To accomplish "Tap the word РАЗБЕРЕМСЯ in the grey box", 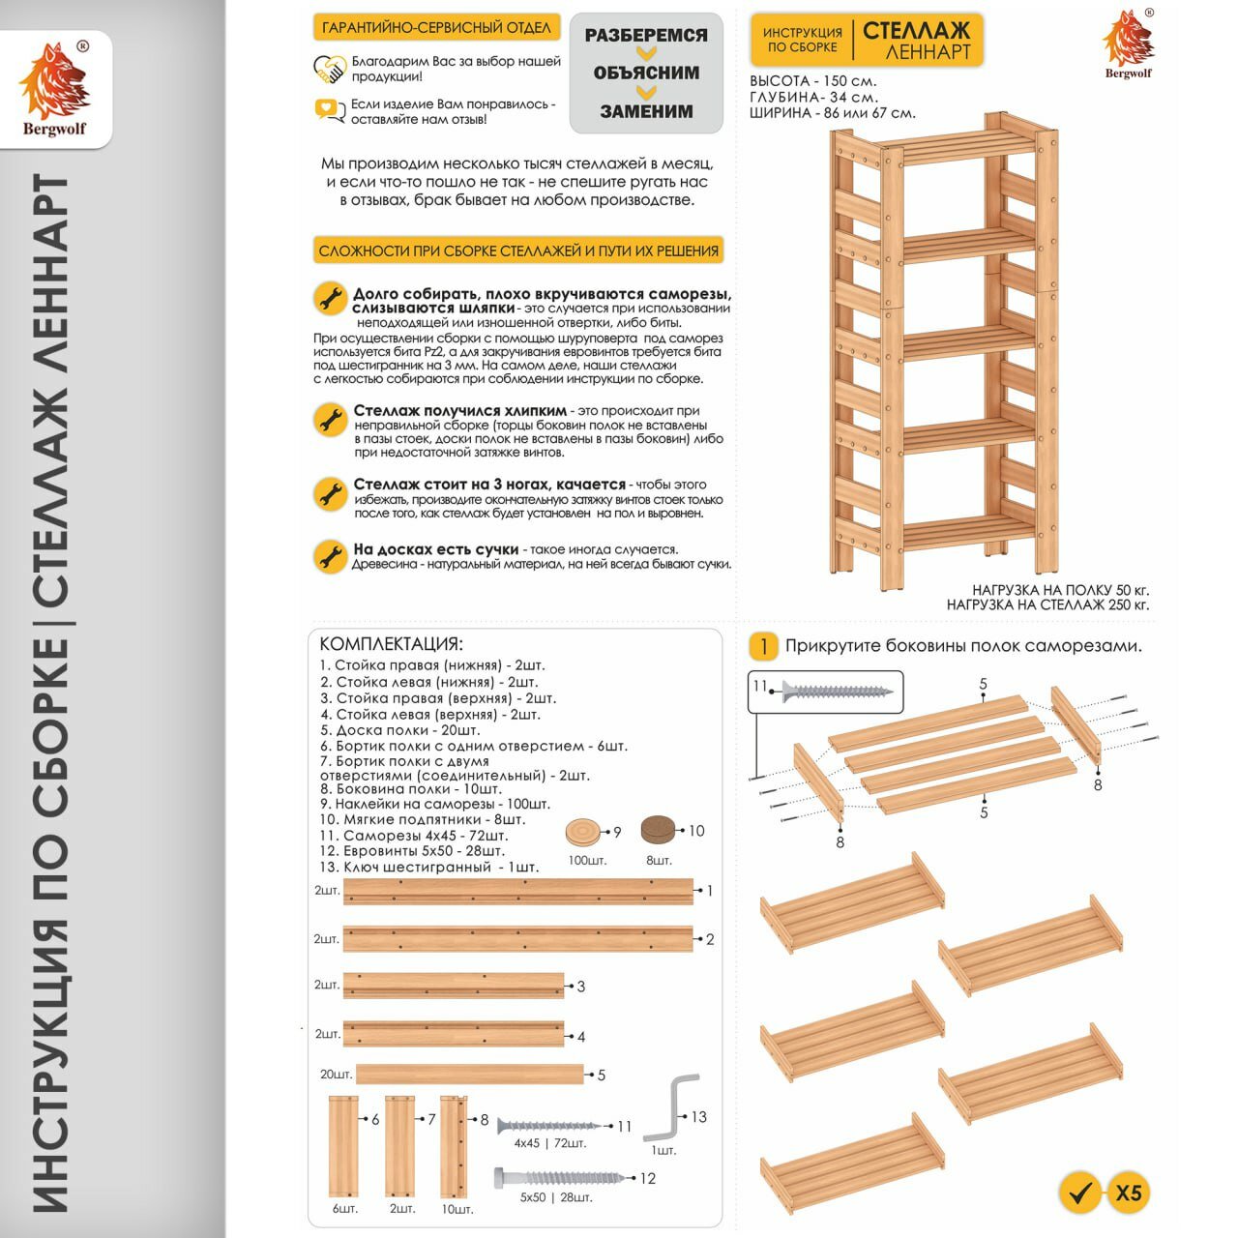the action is click(x=646, y=36).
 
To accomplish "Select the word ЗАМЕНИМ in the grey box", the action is click(x=646, y=111).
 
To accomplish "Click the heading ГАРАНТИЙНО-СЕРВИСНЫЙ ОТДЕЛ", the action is click(x=436, y=27).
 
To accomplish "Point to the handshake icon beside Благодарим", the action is click(x=330, y=69).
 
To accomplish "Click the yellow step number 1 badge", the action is click(x=763, y=646).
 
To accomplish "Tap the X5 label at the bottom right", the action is click(x=1129, y=1193).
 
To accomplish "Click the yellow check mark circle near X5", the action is click(x=1080, y=1193).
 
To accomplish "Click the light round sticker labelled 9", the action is click(x=583, y=832).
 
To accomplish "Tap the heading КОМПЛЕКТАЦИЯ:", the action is click(x=391, y=644).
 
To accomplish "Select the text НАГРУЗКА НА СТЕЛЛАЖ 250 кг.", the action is click(x=1047, y=604).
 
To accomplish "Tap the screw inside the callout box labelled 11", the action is click(x=838, y=692).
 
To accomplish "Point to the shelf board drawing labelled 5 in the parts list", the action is click(x=470, y=1074).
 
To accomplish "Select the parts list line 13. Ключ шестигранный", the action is click(x=428, y=867).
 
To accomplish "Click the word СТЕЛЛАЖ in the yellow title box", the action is click(x=916, y=30).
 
